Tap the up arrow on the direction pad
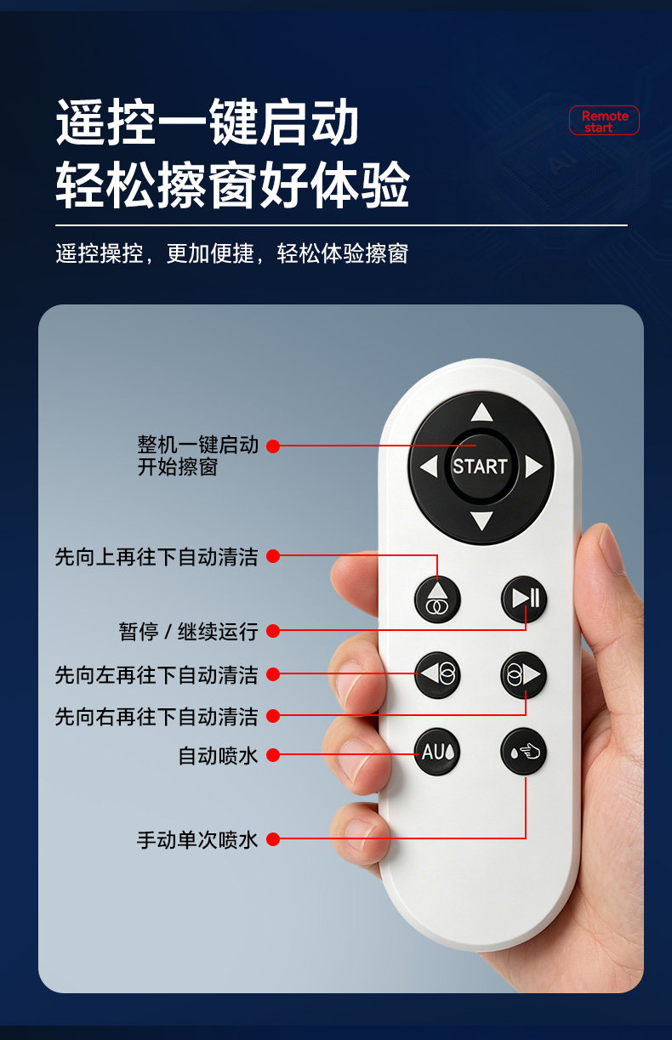point(481,412)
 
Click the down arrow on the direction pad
point(481,520)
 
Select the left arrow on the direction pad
point(429,466)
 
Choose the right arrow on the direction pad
point(533,466)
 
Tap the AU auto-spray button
point(437,752)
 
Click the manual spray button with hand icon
point(523,752)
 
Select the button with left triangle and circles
point(437,675)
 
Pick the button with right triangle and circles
point(523,675)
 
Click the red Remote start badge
point(604,121)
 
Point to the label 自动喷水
point(218,755)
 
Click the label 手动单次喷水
point(196,840)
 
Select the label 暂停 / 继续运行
point(188,632)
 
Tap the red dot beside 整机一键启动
point(273,446)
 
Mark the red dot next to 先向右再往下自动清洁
point(273,716)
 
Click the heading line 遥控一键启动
point(207,122)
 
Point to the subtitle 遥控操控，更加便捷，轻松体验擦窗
point(231,253)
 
